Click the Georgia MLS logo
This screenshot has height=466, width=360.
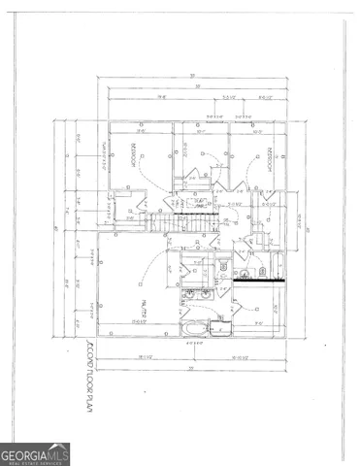tap(35, 453)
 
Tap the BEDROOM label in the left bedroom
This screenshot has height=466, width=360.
tap(131, 155)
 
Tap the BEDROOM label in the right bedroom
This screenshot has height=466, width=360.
tap(269, 158)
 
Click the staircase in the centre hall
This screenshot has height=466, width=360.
tap(183, 223)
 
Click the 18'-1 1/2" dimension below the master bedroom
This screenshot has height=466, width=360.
tap(147, 359)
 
